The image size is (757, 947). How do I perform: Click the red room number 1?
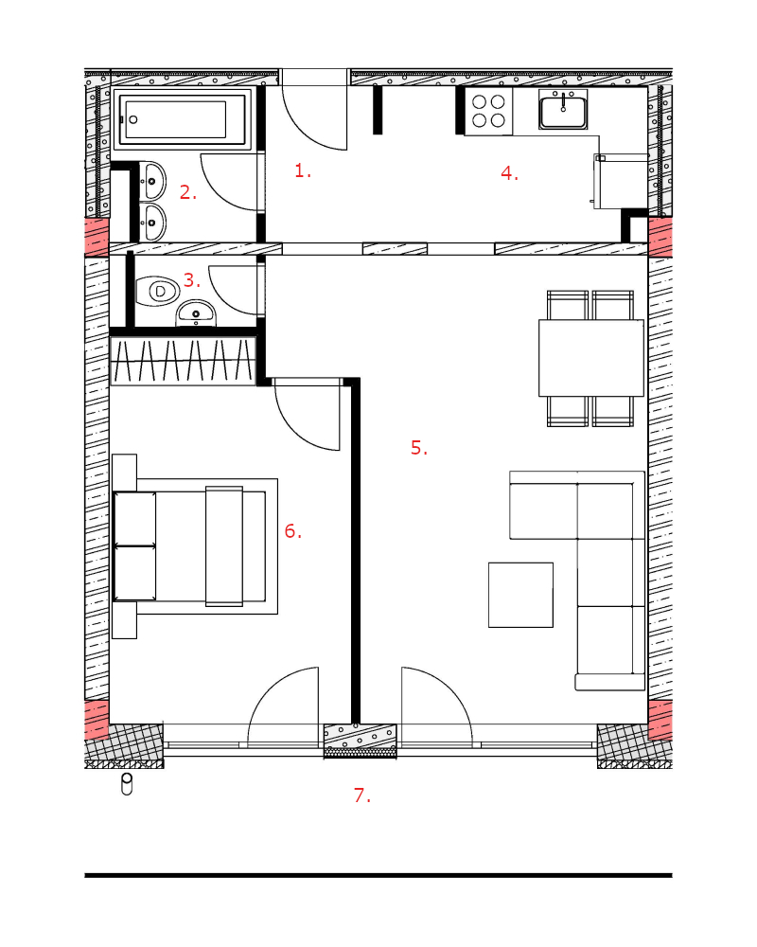(x=302, y=171)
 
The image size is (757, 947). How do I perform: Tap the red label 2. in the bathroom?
(x=188, y=192)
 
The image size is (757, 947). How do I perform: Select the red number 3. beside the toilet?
(x=192, y=279)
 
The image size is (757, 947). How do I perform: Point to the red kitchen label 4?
(x=509, y=173)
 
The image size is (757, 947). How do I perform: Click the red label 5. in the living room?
(x=419, y=448)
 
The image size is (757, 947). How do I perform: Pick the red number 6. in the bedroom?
(x=292, y=531)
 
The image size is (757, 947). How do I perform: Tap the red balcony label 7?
(x=361, y=795)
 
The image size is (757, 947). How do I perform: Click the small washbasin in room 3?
(x=196, y=313)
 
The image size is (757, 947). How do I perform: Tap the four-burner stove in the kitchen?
(x=488, y=112)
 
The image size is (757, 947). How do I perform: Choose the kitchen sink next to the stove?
(x=564, y=110)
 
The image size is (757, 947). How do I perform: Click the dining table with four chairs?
(x=590, y=358)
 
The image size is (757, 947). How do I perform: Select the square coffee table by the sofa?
(x=520, y=595)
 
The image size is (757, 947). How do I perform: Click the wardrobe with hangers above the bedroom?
(x=184, y=361)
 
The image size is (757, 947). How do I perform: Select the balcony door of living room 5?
(x=434, y=706)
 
